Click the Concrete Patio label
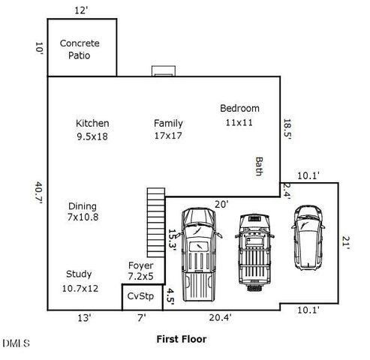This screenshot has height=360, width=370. [x=80, y=49]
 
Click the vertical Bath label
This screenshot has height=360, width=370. [x=260, y=166]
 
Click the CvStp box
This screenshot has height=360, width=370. [x=140, y=296]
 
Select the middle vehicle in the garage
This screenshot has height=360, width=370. [x=252, y=251]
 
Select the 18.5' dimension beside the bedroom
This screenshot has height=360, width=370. [x=287, y=129]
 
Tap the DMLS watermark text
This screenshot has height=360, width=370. [x=17, y=343]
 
